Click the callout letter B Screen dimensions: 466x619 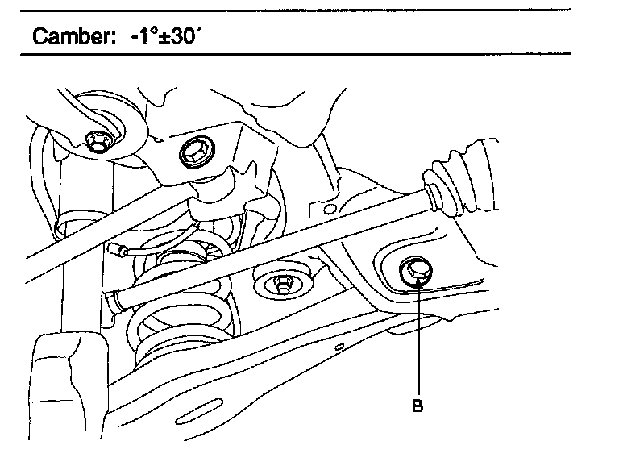click(x=418, y=406)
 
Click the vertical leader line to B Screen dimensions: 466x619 click(x=418, y=339)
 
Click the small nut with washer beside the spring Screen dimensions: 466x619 click(x=282, y=283)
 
